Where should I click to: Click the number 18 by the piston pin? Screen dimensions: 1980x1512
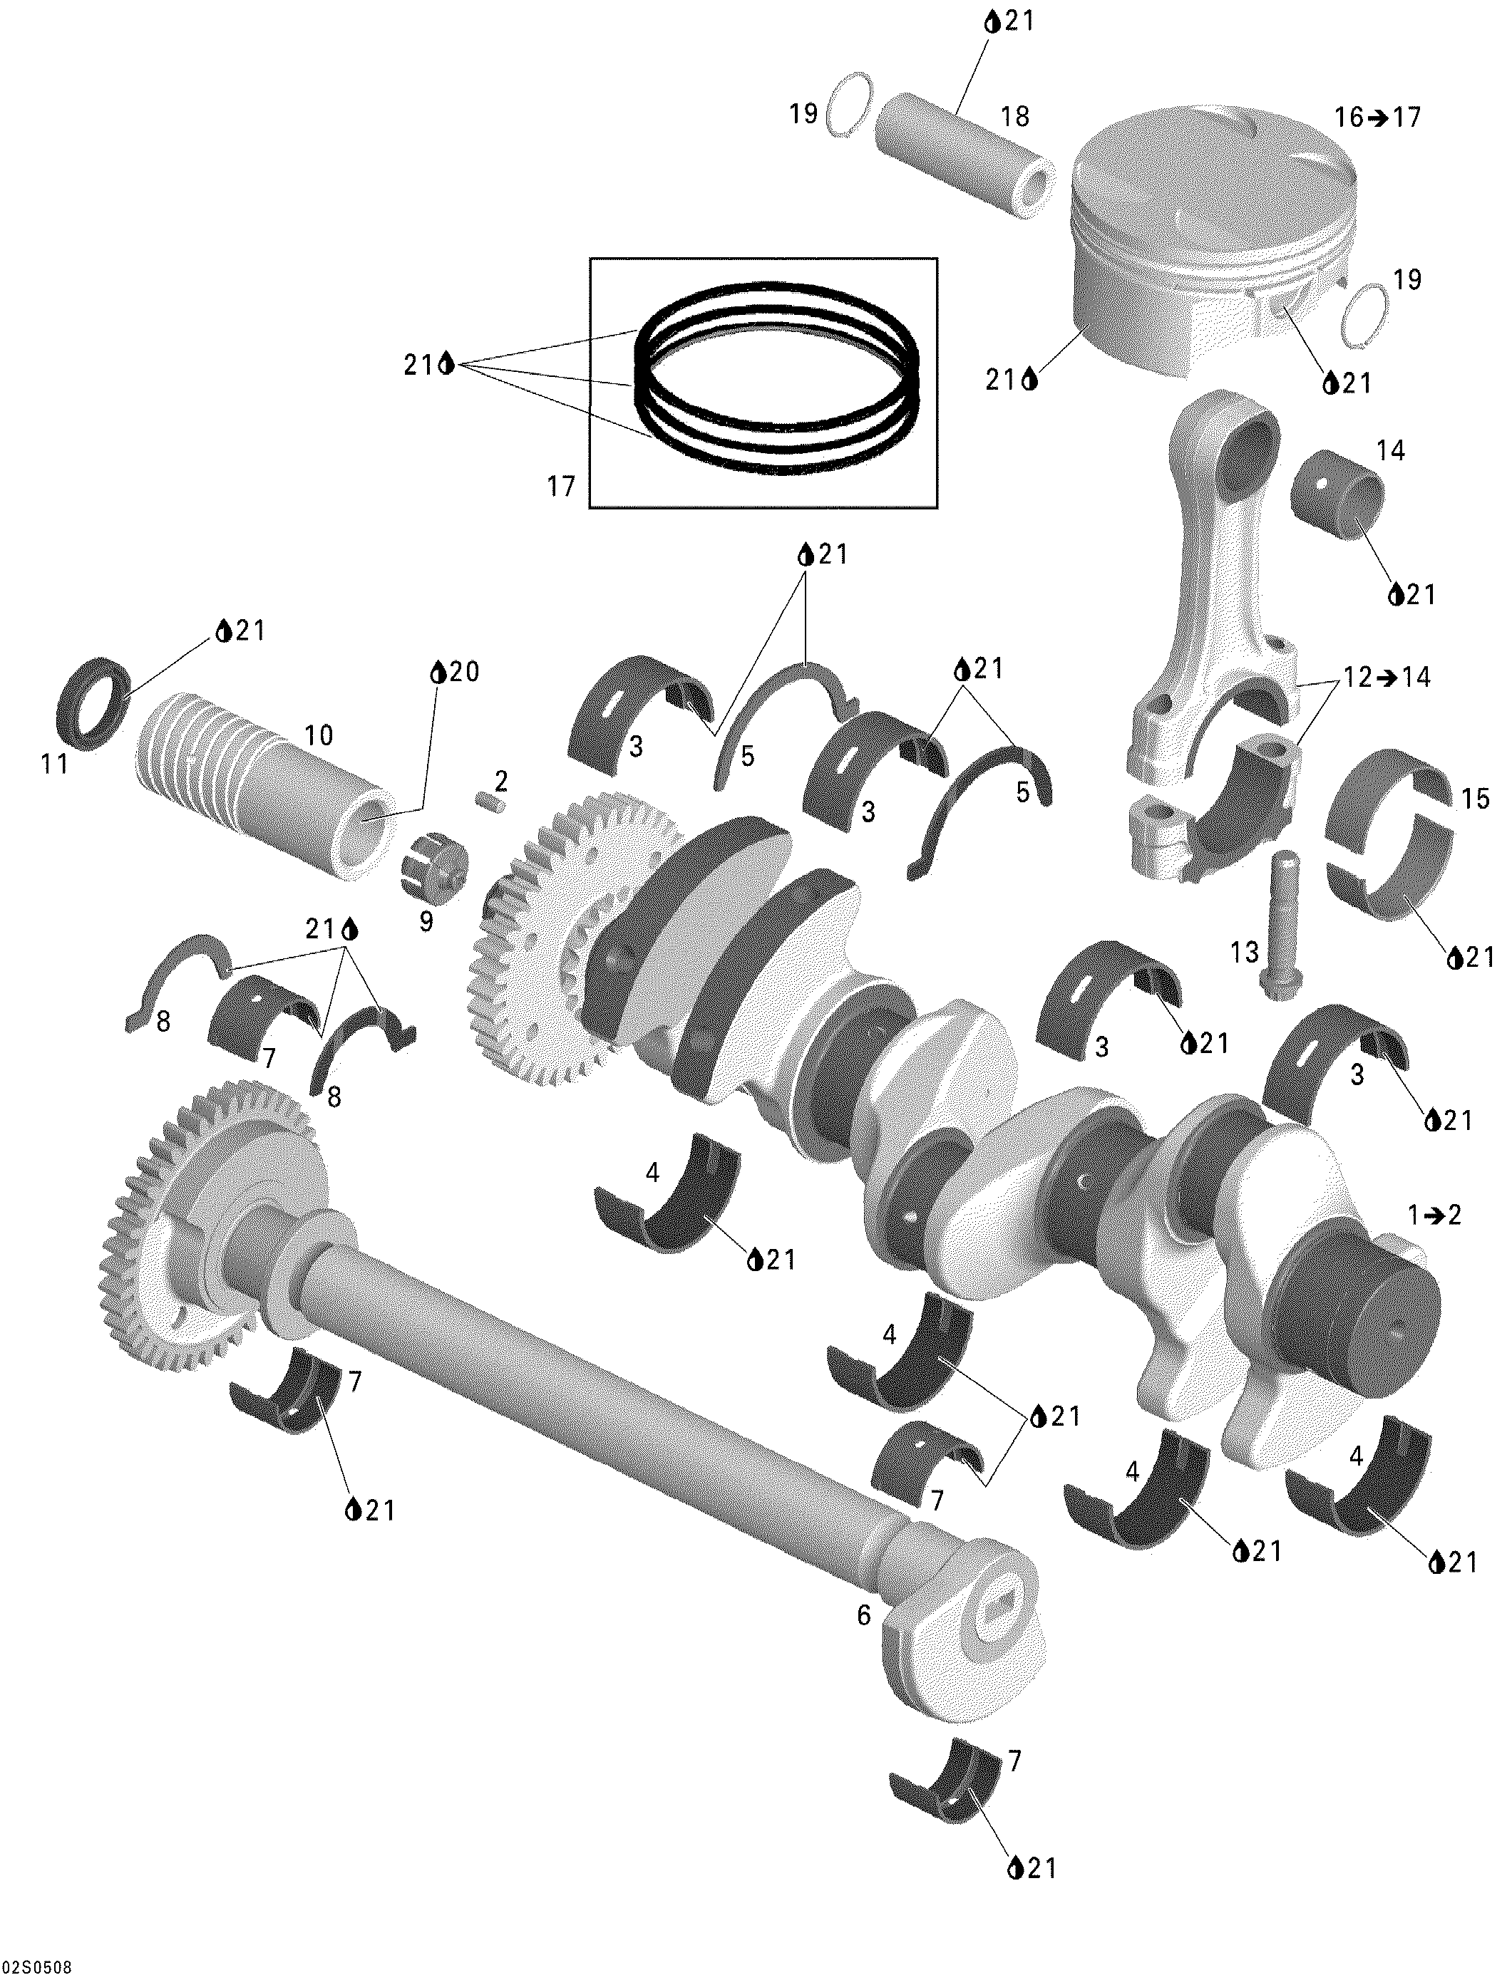pos(1014,117)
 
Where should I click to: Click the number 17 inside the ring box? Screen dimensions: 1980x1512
pos(561,487)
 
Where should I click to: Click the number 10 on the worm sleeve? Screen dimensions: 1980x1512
pos(319,735)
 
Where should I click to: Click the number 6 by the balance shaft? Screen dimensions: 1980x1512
pos(863,1616)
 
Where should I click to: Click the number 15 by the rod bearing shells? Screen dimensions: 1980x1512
pos(1475,798)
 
